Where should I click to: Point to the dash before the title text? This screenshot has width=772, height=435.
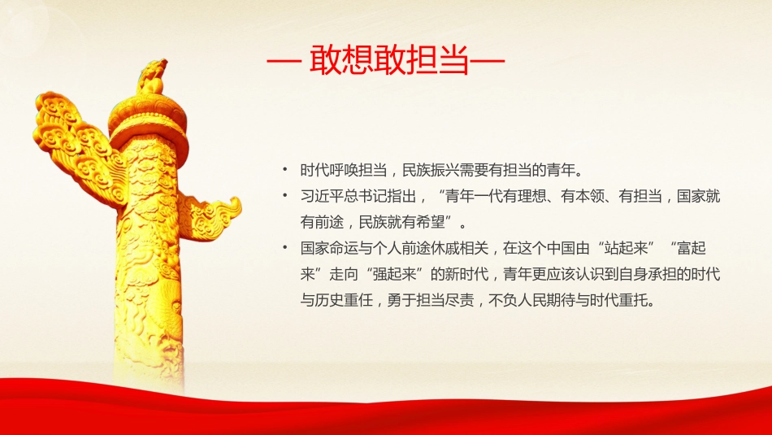click(285, 63)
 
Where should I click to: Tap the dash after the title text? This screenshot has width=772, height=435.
click(487, 63)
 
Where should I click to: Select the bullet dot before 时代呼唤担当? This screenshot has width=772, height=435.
click(284, 170)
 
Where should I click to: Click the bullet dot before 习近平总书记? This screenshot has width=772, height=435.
click(284, 195)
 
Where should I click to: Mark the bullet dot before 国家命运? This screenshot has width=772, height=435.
click(284, 247)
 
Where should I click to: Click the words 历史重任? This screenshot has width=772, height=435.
click(347, 299)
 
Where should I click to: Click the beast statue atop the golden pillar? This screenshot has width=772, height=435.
click(151, 76)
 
